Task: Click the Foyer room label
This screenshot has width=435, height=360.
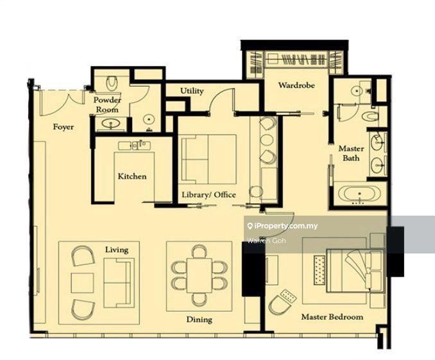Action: click(64, 127)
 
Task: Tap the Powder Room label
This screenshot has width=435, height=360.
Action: click(107, 105)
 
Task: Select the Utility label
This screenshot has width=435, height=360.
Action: click(192, 90)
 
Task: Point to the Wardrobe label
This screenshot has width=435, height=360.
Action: click(296, 85)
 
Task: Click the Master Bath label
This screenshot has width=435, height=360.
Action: click(351, 153)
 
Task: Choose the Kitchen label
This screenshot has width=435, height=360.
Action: click(132, 176)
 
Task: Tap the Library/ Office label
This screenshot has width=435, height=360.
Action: click(209, 195)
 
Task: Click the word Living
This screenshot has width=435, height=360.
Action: click(117, 250)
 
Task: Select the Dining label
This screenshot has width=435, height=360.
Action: click(199, 320)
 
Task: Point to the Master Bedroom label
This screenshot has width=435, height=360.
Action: click(332, 317)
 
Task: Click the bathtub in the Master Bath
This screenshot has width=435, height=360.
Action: click(359, 193)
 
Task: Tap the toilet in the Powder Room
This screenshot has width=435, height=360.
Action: click(112, 83)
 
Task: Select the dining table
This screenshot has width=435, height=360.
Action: click(199, 276)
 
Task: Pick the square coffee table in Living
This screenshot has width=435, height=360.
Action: click(82, 283)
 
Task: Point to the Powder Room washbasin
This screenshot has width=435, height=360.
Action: click(111, 123)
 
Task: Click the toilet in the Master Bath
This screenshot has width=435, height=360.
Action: click(370, 116)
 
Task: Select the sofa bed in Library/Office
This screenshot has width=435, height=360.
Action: click(208, 159)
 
